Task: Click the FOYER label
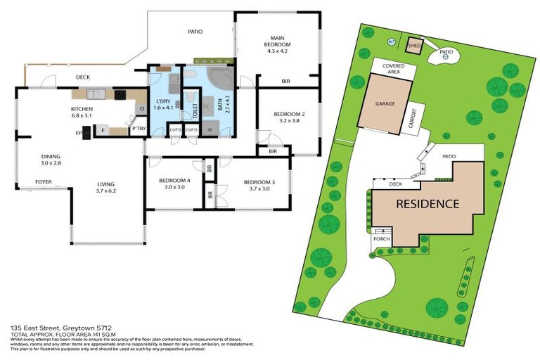44,181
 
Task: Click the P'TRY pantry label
139,128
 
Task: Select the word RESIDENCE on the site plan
427,204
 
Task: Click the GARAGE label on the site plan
384,103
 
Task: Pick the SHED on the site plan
414,46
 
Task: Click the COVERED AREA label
393,68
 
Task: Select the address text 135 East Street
41,328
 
